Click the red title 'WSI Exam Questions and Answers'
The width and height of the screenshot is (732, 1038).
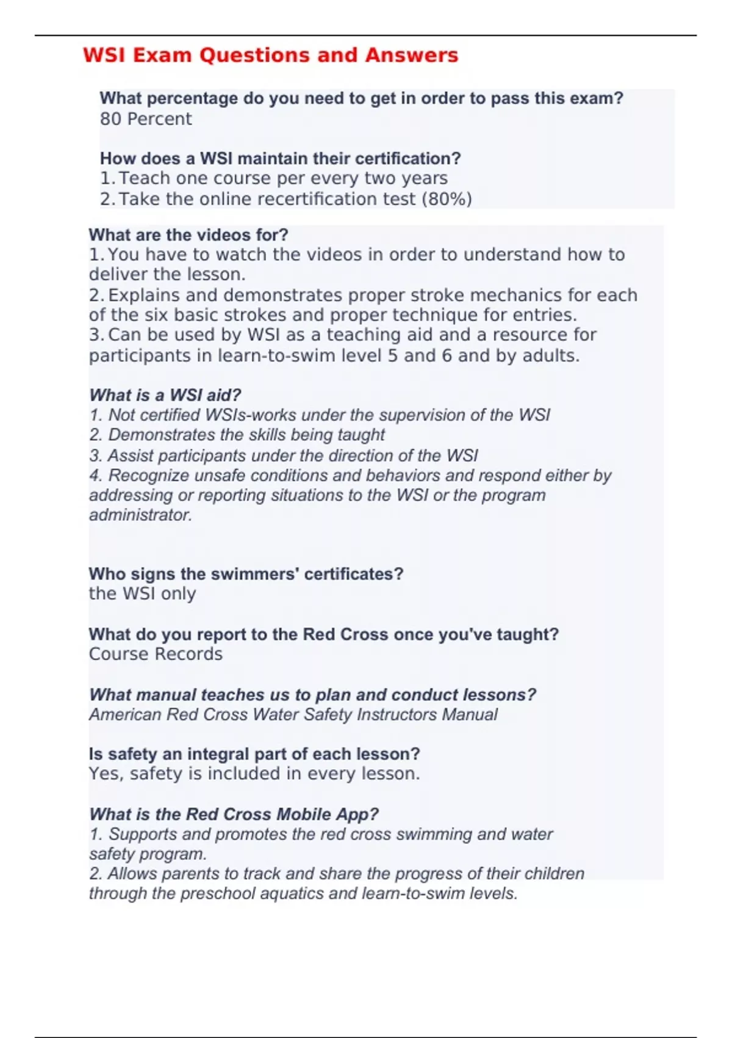(x=270, y=55)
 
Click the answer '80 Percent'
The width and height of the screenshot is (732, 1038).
(x=146, y=118)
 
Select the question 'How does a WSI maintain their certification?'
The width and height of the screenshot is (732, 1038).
(x=280, y=158)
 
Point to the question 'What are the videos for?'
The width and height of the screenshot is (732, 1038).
(x=188, y=235)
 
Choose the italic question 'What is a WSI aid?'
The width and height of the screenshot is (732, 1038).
(x=165, y=395)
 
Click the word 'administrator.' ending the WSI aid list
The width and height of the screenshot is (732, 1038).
(x=141, y=515)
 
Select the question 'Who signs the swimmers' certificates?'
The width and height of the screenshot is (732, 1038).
(x=246, y=574)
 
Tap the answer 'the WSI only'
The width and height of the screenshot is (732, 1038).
(x=142, y=593)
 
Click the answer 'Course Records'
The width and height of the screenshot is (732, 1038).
(x=156, y=654)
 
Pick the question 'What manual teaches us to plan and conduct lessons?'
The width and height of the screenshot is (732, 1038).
(x=312, y=695)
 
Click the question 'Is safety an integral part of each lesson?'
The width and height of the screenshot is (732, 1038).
(x=254, y=754)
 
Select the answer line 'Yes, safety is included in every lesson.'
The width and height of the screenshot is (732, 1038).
(x=254, y=774)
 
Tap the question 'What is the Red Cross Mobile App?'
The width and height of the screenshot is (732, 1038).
(x=234, y=814)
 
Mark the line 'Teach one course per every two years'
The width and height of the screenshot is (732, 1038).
(x=282, y=178)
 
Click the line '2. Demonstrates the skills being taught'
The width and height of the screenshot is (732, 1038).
(x=237, y=435)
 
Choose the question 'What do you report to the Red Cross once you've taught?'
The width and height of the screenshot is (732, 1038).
(x=323, y=634)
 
